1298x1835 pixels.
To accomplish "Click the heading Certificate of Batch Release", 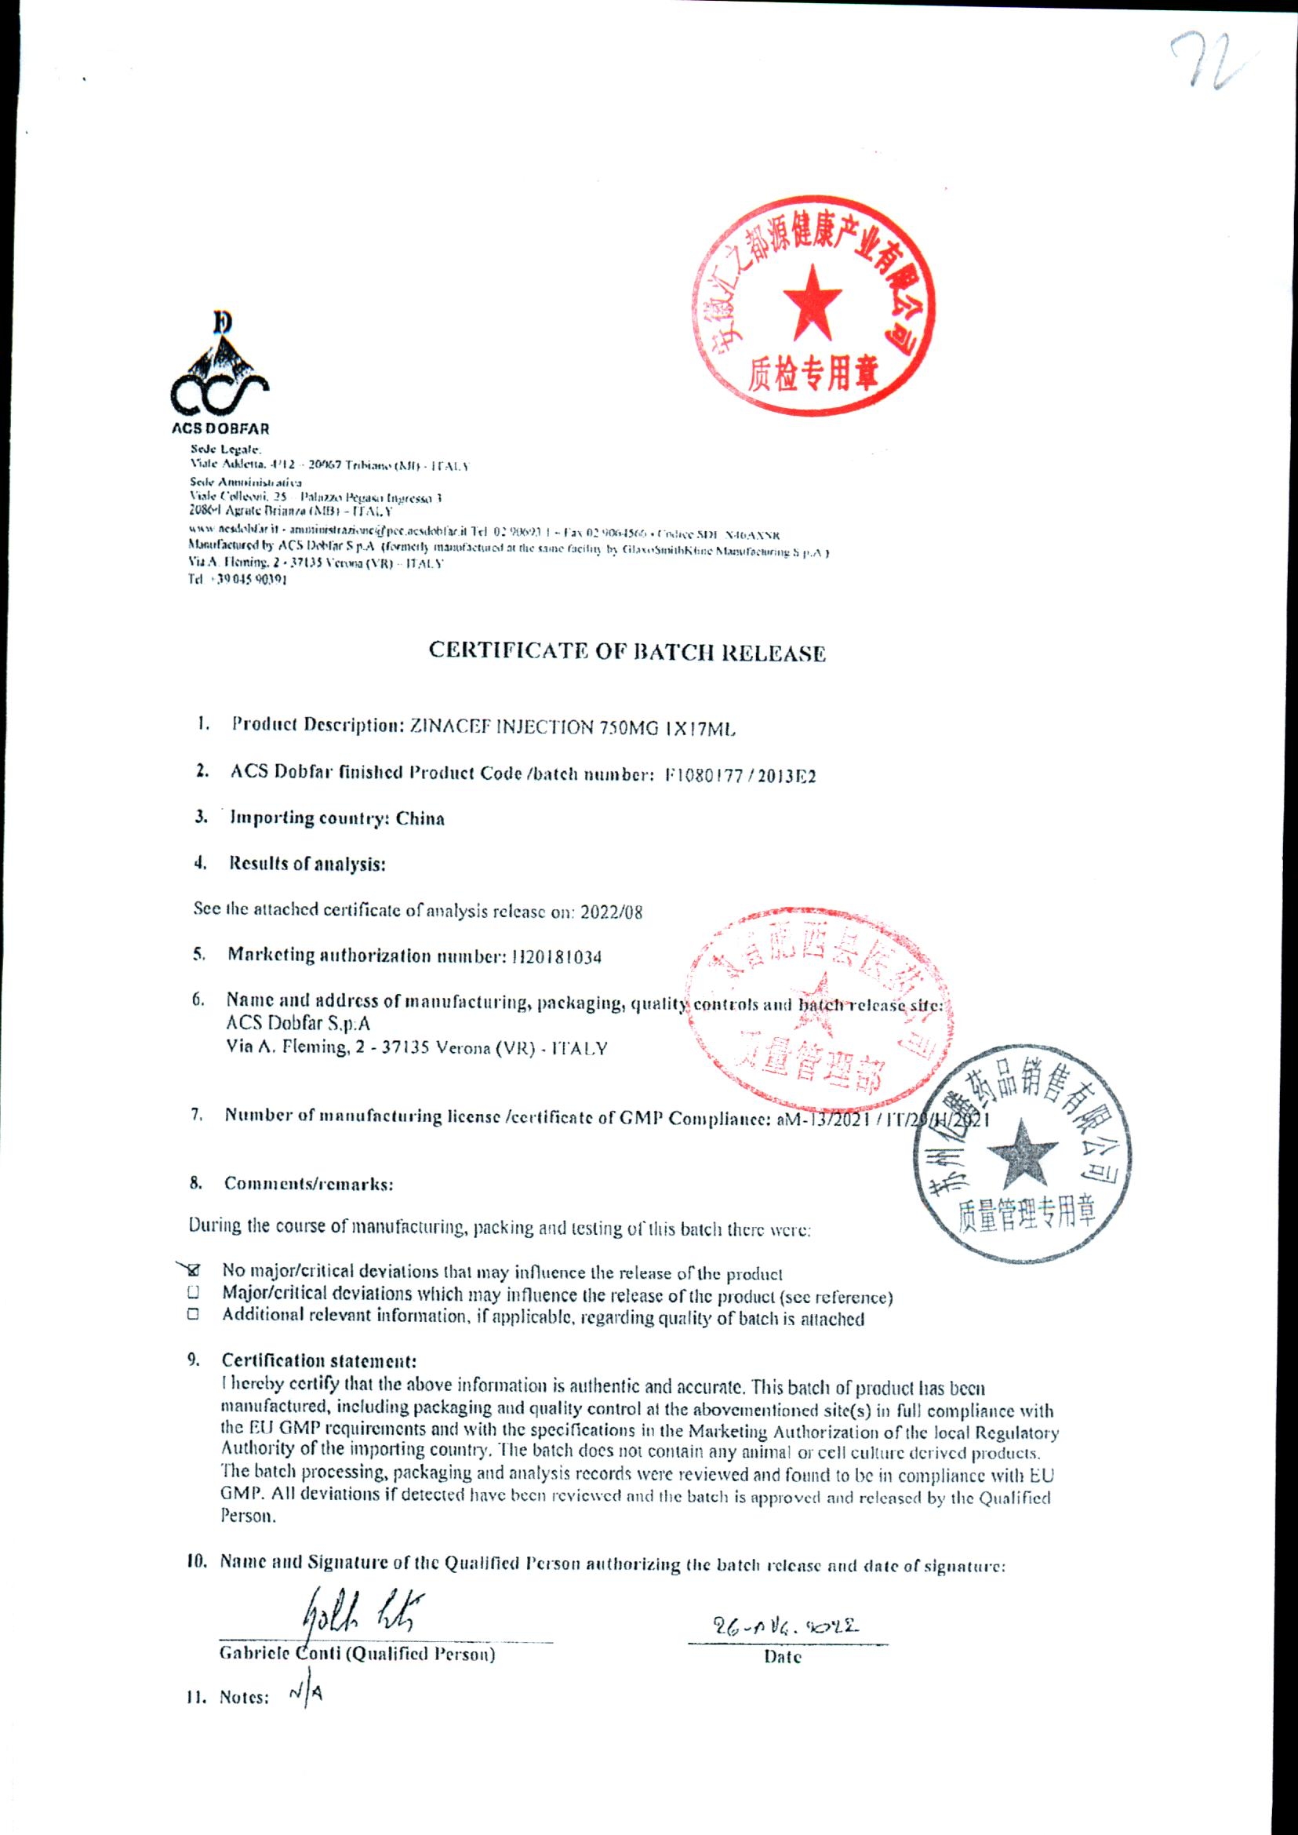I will click(x=627, y=654).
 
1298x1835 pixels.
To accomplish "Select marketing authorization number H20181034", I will click(x=556, y=956).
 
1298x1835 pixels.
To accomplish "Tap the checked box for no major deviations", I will click(x=195, y=1270).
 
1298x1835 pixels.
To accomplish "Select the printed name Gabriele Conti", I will click(x=279, y=1655).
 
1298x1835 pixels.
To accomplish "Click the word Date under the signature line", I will click(x=783, y=1657).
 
